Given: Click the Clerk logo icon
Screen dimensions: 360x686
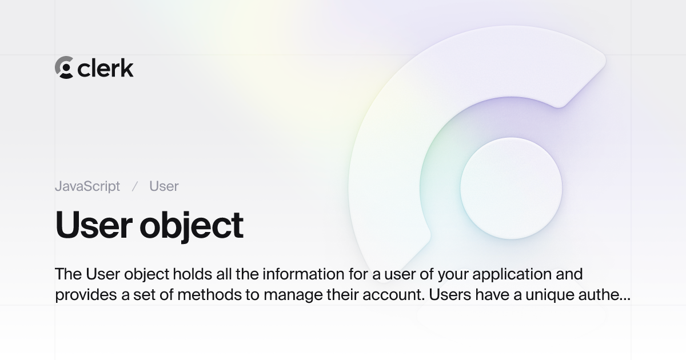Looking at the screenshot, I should (x=64, y=67).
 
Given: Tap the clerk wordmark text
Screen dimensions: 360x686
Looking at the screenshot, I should (x=106, y=68).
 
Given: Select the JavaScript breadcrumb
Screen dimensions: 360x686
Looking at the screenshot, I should (x=87, y=186).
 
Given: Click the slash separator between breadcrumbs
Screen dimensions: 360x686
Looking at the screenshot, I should (x=135, y=186).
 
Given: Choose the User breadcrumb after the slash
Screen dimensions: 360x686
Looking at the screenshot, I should (x=164, y=186).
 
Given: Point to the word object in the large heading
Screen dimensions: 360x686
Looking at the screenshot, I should (x=192, y=226).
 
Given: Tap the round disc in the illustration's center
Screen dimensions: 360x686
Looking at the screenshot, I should (x=511, y=188).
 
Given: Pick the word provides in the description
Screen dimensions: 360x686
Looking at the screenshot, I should (x=81, y=295).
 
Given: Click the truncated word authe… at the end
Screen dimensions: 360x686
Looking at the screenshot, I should (x=609, y=295).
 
